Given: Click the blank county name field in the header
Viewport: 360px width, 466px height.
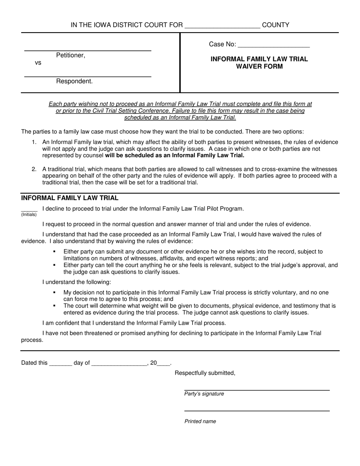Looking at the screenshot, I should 222,26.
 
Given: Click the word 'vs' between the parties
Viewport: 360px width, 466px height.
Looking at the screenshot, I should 38,63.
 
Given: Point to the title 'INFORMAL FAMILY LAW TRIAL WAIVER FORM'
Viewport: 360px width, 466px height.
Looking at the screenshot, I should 259,63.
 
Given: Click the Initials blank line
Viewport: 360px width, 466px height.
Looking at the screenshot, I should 29,210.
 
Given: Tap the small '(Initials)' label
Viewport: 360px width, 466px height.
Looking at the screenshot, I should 29,214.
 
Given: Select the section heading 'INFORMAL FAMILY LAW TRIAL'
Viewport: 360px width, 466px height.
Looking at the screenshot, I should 70,198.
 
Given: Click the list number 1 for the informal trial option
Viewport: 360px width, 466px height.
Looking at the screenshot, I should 34,142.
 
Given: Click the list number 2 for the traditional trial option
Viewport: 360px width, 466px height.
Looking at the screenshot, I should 34,169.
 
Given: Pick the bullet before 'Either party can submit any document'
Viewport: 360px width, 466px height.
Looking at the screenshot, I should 55,252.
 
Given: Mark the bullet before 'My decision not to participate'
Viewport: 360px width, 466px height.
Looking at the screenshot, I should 55,292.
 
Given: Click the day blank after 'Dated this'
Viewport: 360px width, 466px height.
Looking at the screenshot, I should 61,363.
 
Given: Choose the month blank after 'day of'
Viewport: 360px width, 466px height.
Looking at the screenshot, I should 119,363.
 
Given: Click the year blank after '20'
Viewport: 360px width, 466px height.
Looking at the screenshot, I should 163,363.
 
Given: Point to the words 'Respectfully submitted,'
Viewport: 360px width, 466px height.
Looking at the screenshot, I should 205,373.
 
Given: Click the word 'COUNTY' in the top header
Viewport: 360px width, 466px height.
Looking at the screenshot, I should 275,25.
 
